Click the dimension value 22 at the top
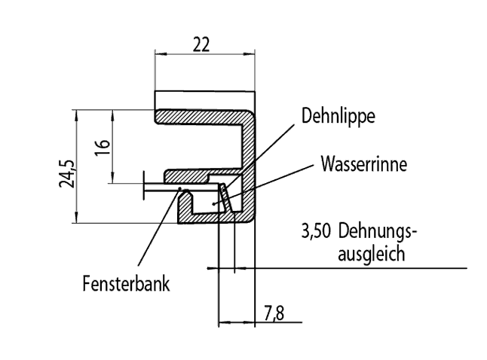point(200,45)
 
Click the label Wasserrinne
point(363,163)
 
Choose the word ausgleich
point(370,254)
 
